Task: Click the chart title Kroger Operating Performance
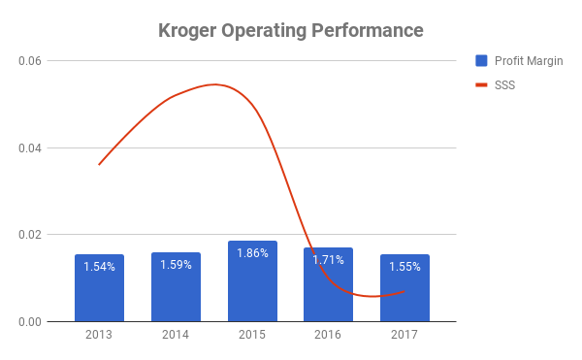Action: (291, 31)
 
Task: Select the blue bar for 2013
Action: (99, 287)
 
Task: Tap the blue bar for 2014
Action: (176, 287)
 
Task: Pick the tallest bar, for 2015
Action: (252, 281)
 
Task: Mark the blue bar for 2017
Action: (404, 287)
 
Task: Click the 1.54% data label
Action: (99, 267)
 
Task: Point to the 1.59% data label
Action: (176, 265)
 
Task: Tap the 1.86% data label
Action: (252, 253)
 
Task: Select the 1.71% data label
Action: (328, 260)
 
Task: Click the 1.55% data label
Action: (404, 267)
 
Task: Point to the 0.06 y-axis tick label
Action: (30, 61)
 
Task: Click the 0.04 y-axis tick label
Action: (30, 148)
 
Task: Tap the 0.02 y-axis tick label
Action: (30, 235)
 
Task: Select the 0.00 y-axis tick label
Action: (30, 322)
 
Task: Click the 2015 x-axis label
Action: (252, 335)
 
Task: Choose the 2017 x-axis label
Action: (404, 335)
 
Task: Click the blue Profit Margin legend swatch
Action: (481, 60)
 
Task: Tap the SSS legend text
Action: (504, 85)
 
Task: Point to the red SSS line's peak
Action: (215, 84)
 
